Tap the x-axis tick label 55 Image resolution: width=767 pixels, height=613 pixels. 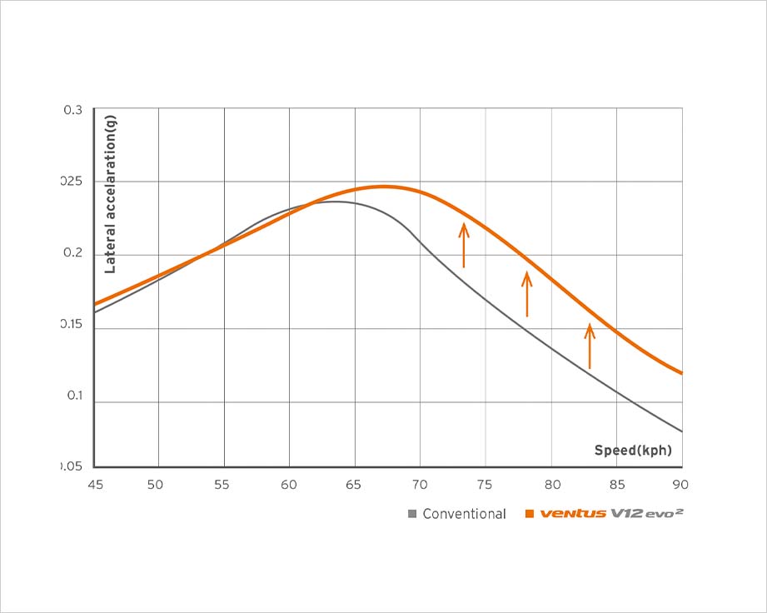pos(223,484)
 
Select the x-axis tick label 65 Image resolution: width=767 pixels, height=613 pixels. pos(354,484)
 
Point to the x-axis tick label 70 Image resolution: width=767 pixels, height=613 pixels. pos(420,484)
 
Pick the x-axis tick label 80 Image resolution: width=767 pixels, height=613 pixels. pos(550,484)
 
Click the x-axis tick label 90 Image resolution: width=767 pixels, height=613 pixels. pos(680,484)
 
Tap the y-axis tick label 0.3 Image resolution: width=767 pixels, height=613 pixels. pos(73,110)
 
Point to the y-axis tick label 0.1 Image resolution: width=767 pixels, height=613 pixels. pos(73,396)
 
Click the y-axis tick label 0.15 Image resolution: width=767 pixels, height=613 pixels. pos(72,325)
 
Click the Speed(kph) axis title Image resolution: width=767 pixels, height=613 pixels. pos(632,451)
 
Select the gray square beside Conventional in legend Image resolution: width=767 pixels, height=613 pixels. pos(411,514)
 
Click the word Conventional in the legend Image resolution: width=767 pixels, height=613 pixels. pos(464,514)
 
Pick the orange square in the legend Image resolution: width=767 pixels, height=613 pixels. pos(529,514)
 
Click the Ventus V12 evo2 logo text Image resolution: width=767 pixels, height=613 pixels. pos(612,513)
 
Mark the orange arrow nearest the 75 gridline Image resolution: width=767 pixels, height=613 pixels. pos(464,245)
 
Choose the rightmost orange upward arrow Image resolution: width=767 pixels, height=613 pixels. pos(590,346)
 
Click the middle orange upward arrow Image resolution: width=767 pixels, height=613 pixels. pos(526,295)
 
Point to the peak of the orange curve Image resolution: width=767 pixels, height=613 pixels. pos(384,187)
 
